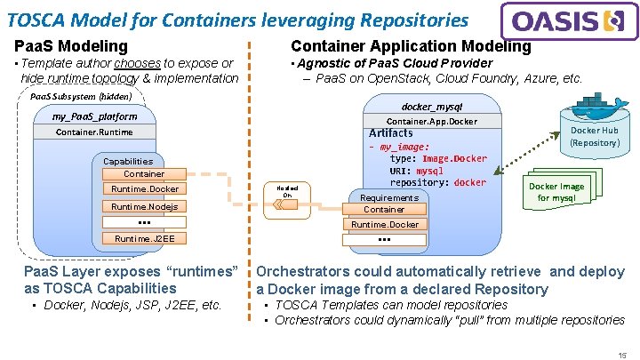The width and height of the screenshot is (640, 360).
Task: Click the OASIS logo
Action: [x=569, y=20]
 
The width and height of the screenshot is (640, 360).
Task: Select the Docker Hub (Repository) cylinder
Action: [x=594, y=137]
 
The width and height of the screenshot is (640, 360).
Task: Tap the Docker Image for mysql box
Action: [x=556, y=192]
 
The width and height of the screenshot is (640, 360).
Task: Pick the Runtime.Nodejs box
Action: [x=144, y=206]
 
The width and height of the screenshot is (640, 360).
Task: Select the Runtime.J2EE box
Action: [x=144, y=238]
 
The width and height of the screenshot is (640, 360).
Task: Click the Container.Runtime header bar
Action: [x=94, y=132]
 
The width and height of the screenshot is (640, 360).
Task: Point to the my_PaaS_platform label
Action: [x=94, y=116]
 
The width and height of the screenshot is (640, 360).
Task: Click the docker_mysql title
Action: [x=431, y=106]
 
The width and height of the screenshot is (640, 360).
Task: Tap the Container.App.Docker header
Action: [x=431, y=121]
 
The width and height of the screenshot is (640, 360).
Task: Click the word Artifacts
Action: [x=391, y=133]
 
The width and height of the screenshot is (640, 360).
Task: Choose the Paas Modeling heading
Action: [x=71, y=46]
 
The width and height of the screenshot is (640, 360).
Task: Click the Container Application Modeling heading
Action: [x=411, y=46]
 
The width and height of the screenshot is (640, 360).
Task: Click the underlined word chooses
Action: [x=137, y=63]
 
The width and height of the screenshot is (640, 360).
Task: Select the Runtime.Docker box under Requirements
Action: [x=384, y=225]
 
